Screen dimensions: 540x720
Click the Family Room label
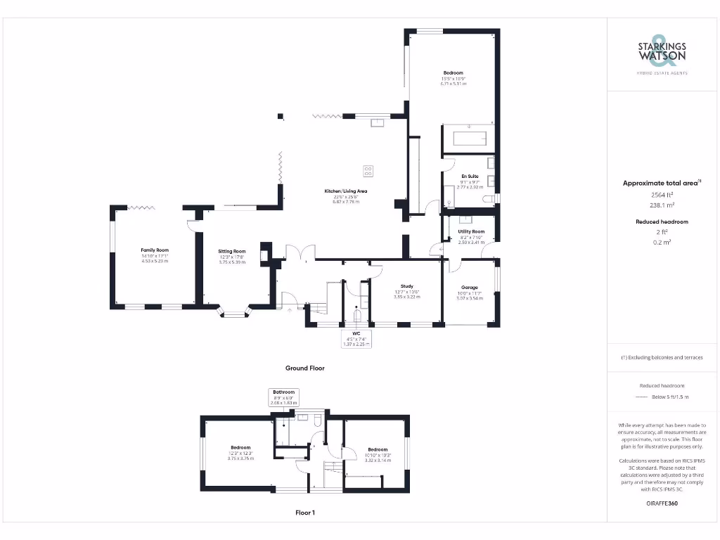coord(155,250)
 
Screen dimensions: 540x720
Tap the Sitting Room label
coord(231,251)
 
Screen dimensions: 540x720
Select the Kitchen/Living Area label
coord(345,191)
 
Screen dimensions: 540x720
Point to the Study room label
coord(406,286)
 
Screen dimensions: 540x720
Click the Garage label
coord(470,288)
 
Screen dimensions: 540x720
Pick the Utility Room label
coord(471,231)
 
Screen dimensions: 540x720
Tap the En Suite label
coord(470,176)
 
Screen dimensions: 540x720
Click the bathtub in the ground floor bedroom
coord(469,138)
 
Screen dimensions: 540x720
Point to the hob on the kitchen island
coord(368,170)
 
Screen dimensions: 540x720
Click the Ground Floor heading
coord(304,368)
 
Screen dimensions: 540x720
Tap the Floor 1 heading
coord(304,513)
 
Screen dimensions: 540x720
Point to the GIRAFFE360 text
coord(662,503)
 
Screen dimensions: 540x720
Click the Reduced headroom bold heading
coord(662,221)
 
